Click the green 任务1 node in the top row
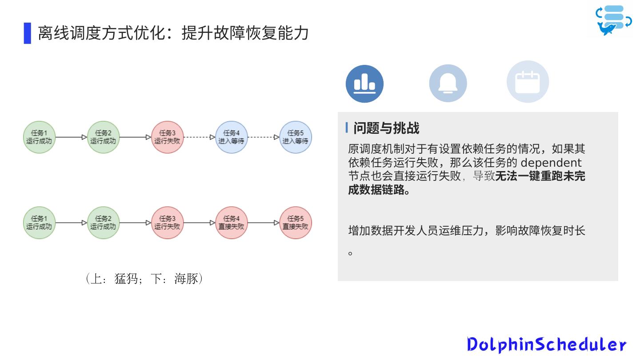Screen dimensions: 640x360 [x=39, y=137]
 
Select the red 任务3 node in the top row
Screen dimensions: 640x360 [x=167, y=137]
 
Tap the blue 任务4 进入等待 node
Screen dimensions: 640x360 [x=231, y=137]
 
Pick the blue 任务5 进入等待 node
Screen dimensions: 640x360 [x=296, y=137]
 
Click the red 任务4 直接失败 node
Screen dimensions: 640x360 [x=231, y=223]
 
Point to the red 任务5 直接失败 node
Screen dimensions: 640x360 [x=296, y=223]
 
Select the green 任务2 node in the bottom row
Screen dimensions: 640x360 [x=103, y=223]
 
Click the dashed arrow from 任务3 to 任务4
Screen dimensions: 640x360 [x=199, y=137]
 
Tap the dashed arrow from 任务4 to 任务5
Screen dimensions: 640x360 [x=263, y=137]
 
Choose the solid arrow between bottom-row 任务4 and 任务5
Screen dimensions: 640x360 [x=263, y=223]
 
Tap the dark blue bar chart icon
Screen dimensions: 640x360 [x=364, y=84]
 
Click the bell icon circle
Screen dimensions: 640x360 [x=448, y=84]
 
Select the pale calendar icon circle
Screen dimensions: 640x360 [x=528, y=82]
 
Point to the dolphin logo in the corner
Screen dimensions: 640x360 [x=613, y=20]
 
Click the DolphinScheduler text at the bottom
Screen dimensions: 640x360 [x=546, y=344]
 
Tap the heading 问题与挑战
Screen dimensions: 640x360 [x=386, y=128]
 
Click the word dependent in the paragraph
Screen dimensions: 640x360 [x=551, y=162]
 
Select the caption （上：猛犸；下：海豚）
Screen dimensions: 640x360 [x=144, y=279]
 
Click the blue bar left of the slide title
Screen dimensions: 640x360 [x=28, y=33]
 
